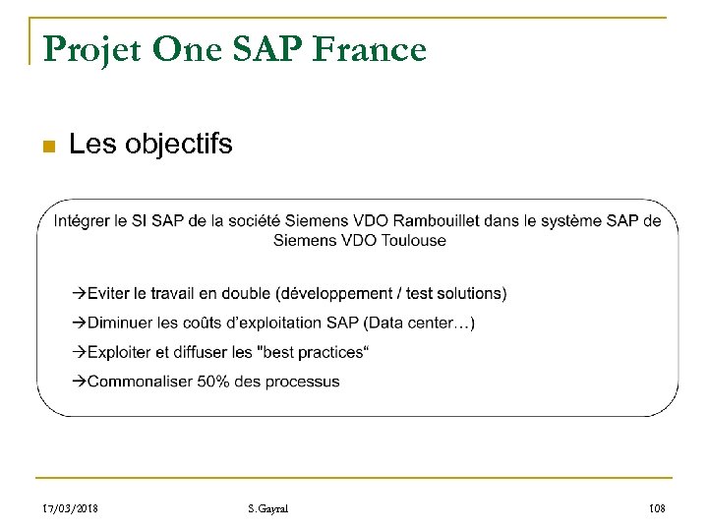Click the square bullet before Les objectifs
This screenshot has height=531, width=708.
[x=45, y=147]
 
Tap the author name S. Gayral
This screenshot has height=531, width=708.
[x=267, y=508]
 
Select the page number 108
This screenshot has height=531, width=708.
[x=657, y=508]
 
